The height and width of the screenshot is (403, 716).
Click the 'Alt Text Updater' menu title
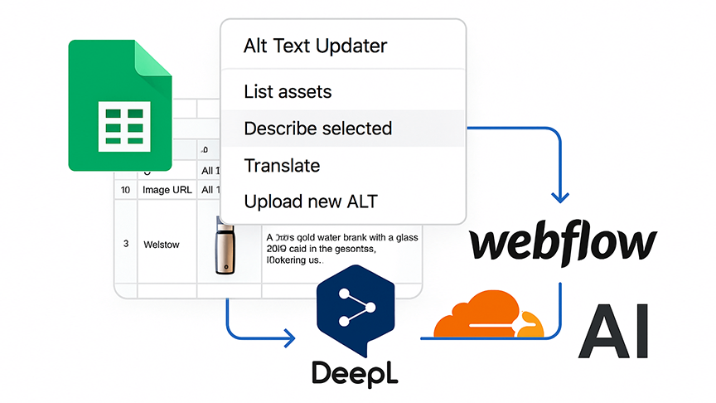click(x=315, y=46)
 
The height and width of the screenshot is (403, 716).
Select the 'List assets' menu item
click(x=288, y=92)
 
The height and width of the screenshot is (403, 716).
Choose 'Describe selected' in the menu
click(x=317, y=129)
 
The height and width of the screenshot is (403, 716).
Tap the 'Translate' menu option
click(x=282, y=166)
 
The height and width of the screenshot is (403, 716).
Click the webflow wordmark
click(x=563, y=243)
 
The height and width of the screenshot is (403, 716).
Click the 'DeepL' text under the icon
click(x=355, y=371)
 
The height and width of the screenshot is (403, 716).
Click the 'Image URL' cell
click(x=167, y=190)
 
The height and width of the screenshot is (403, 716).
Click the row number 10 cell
click(x=126, y=190)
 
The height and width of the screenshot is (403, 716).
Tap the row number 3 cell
click(x=126, y=244)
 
